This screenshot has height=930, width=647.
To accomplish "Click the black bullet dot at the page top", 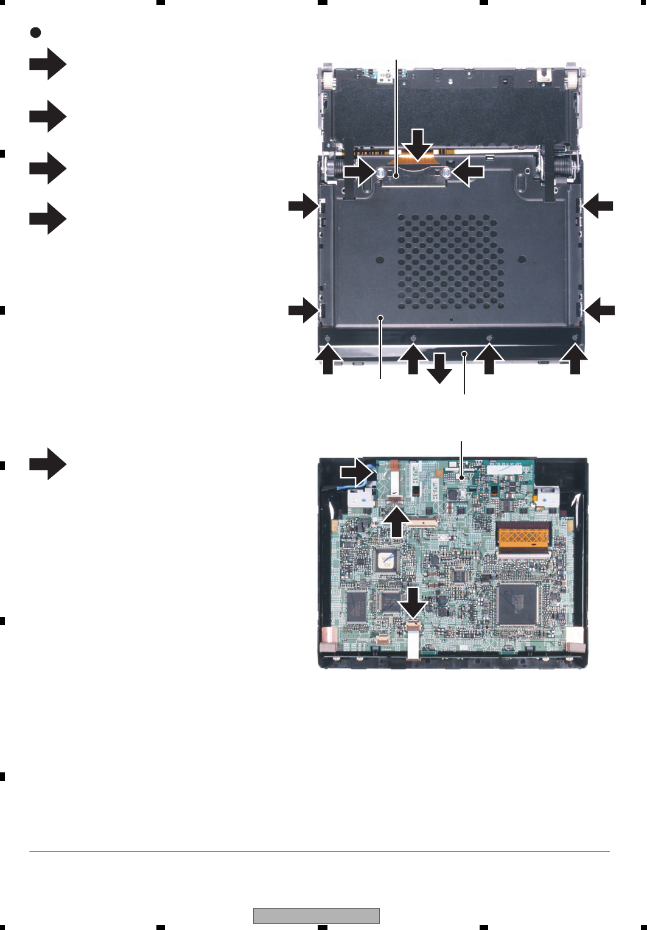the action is pos(35,33).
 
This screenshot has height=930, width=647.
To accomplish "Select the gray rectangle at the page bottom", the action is pos(316,915).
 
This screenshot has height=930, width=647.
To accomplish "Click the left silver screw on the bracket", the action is pos(379,173).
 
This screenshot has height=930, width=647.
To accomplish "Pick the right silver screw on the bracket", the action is pos(446,173).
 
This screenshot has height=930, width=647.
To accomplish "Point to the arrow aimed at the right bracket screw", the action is pos(468,173).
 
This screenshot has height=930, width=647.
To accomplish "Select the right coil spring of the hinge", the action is pos(563,165).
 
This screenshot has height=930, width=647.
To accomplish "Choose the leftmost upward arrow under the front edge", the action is pos(328,359).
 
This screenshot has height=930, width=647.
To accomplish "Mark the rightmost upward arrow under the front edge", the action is pos(575,359).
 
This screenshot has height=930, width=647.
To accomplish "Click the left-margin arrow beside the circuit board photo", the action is pos(47,464).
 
